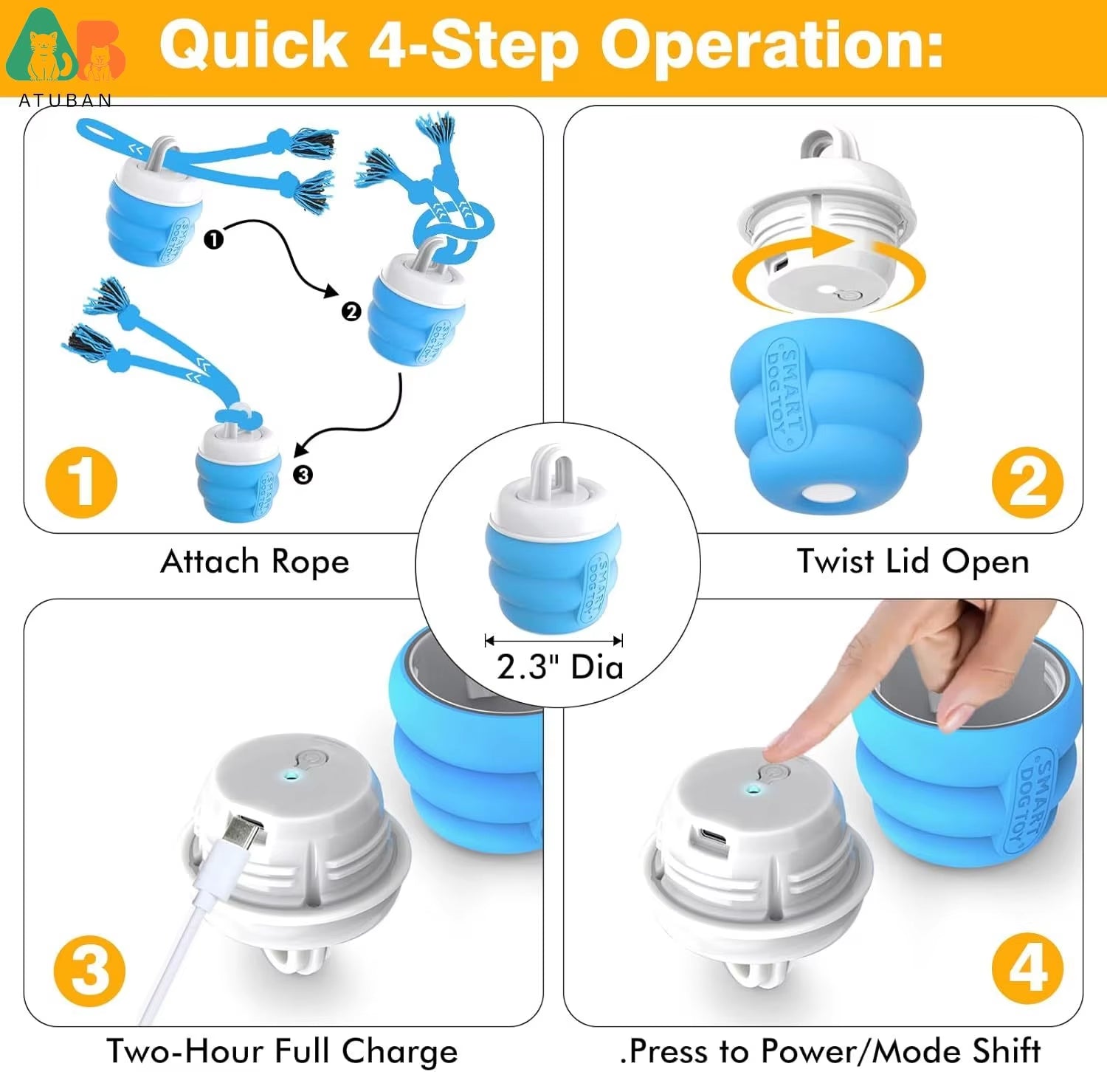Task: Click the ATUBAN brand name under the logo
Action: coord(65,100)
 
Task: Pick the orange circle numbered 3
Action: coord(89,970)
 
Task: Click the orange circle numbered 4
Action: coord(1027,968)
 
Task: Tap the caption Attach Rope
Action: coord(255,562)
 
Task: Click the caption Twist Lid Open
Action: coord(913,562)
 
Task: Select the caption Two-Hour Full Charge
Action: coord(282,1051)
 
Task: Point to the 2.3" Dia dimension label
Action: coord(559,667)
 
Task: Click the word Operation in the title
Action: coord(771,46)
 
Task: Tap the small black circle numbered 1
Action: coord(213,239)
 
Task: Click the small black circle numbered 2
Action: coord(351,312)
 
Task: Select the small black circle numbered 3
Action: coord(303,475)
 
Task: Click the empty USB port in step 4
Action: coord(713,837)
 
